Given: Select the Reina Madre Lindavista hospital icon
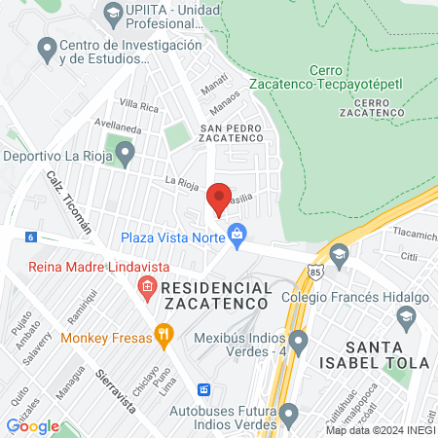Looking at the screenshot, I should tap(147, 286).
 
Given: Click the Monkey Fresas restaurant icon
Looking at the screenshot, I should tap(164, 338).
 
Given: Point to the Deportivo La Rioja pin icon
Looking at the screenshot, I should tap(124, 154).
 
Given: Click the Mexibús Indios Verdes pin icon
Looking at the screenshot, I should tap(299, 342).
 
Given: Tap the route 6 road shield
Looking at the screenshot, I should tap(32, 237).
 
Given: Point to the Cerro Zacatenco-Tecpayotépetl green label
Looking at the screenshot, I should tap(355, 77).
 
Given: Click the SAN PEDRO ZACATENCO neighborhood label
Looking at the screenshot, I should tap(232, 134).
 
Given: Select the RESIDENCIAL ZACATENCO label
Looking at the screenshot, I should tap(215, 296).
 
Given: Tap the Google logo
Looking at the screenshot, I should tap(32, 425).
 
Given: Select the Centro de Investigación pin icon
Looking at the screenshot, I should tap(45, 48).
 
